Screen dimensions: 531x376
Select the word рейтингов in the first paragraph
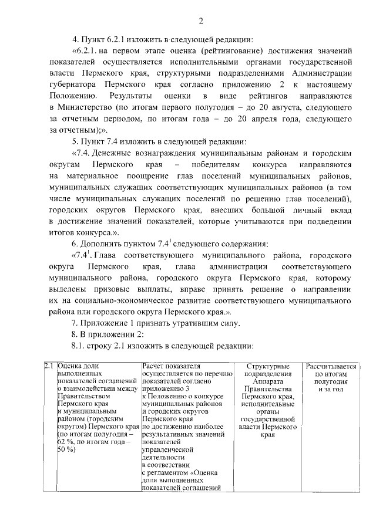point(270,95)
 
